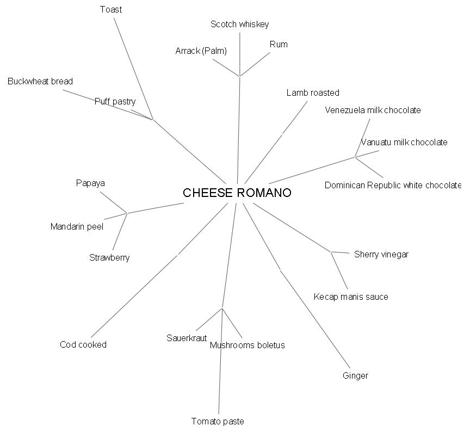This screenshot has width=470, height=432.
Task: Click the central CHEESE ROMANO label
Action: pos(237,193)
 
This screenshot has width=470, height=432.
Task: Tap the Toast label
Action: pos(111,9)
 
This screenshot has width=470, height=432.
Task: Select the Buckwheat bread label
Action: pos(40,81)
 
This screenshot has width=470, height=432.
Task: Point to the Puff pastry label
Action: pos(115,101)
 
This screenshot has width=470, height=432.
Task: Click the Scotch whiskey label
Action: pos(239,24)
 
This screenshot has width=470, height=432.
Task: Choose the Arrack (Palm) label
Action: pos(201,51)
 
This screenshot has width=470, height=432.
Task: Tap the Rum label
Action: pos(279,44)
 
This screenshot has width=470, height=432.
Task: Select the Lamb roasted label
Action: pos(313,92)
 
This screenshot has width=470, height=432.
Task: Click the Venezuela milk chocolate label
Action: pos(373,110)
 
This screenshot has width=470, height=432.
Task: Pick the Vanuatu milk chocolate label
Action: pos(404,142)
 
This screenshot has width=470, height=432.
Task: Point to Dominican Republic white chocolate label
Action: pos(393,185)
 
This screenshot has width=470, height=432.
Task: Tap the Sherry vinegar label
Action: pos(381,254)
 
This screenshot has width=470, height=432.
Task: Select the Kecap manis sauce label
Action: pos(351,297)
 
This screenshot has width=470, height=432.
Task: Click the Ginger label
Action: pos(355,375)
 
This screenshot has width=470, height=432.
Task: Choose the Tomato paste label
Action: pos(218,421)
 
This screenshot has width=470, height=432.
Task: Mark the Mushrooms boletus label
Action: pos(247,345)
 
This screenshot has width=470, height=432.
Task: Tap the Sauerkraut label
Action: pos(187,338)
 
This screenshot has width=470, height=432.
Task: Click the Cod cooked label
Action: pos(83,344)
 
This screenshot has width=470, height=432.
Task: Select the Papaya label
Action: pos(90,183)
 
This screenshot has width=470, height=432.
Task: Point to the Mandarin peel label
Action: pos(77,226)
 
